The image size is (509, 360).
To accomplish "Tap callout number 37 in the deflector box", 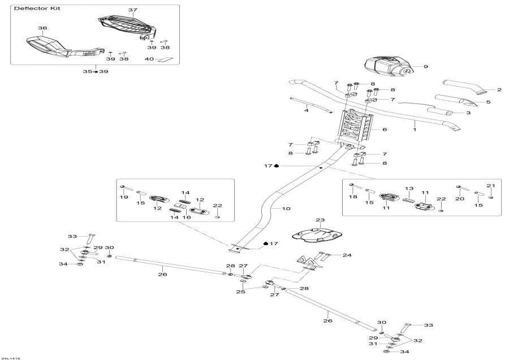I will [133, 10].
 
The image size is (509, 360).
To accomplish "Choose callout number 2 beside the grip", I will [499, 89].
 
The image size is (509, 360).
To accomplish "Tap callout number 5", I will [488, 102].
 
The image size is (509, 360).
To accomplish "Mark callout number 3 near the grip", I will [468, 113].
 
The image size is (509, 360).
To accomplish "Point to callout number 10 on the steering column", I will [286, 209].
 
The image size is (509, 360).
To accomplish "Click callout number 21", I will [491, 186].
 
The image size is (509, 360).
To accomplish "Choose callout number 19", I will [124, 197].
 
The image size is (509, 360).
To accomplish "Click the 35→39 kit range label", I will [95, 72].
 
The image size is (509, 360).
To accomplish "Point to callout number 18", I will [352, 197].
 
